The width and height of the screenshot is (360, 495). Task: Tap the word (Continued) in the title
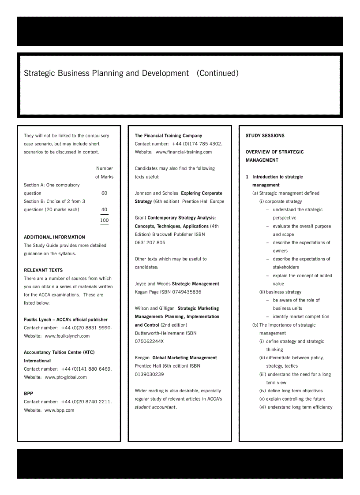(x=217, y=73)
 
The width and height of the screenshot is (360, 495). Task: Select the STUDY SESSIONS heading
(x=265, y=136)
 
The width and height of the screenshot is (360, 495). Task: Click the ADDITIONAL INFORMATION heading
(x=54, y=237)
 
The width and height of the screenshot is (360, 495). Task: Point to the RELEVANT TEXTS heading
(x=43, y=270)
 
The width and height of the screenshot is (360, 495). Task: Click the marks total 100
(x=104, y=220)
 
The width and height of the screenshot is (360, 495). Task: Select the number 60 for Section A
(x=104, y=193)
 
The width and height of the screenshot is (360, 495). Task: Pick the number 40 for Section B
(x=104, y=210)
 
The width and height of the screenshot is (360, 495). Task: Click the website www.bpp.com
(x=59, y=410)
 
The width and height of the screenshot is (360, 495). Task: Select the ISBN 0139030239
(x=149, y=374)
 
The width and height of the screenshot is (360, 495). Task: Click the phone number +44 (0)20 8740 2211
(x=86, y=402)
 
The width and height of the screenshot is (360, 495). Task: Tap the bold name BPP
(x=28, y=394)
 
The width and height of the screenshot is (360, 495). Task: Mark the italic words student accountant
(x=155, y=407)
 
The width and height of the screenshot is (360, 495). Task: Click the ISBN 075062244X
(x=149, y=341)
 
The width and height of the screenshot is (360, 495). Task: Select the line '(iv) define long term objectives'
(x=291, y=391)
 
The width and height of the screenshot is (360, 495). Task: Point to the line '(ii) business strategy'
(x=280, y=292)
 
